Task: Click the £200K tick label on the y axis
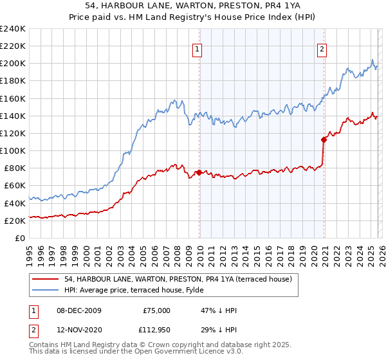[x=12, y=64]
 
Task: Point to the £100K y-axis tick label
[x=12, y=150]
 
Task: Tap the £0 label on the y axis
[x=21, y=238]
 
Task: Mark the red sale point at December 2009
[x=199, y=172]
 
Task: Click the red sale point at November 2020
[x=324, y=139]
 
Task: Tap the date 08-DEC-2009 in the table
[x=78, y=310]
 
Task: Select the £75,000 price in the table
[x=156, y=310]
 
